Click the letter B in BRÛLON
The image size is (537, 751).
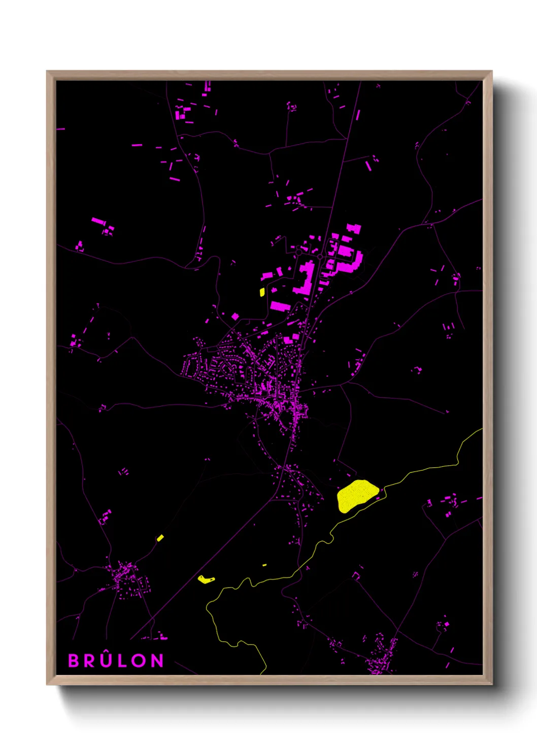point(74,661)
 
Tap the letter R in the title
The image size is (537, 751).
point(90,661)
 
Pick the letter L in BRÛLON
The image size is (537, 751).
point(122,661)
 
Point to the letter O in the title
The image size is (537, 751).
point(139,661)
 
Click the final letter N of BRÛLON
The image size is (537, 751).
point(157,661)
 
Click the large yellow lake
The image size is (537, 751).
point(356,495)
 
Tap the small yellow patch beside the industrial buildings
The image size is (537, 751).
point(262,292)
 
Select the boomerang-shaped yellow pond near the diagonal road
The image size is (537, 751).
point(206,579)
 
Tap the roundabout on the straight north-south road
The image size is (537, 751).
point(320,257)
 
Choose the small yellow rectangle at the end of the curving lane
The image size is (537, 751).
point(160,538)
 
